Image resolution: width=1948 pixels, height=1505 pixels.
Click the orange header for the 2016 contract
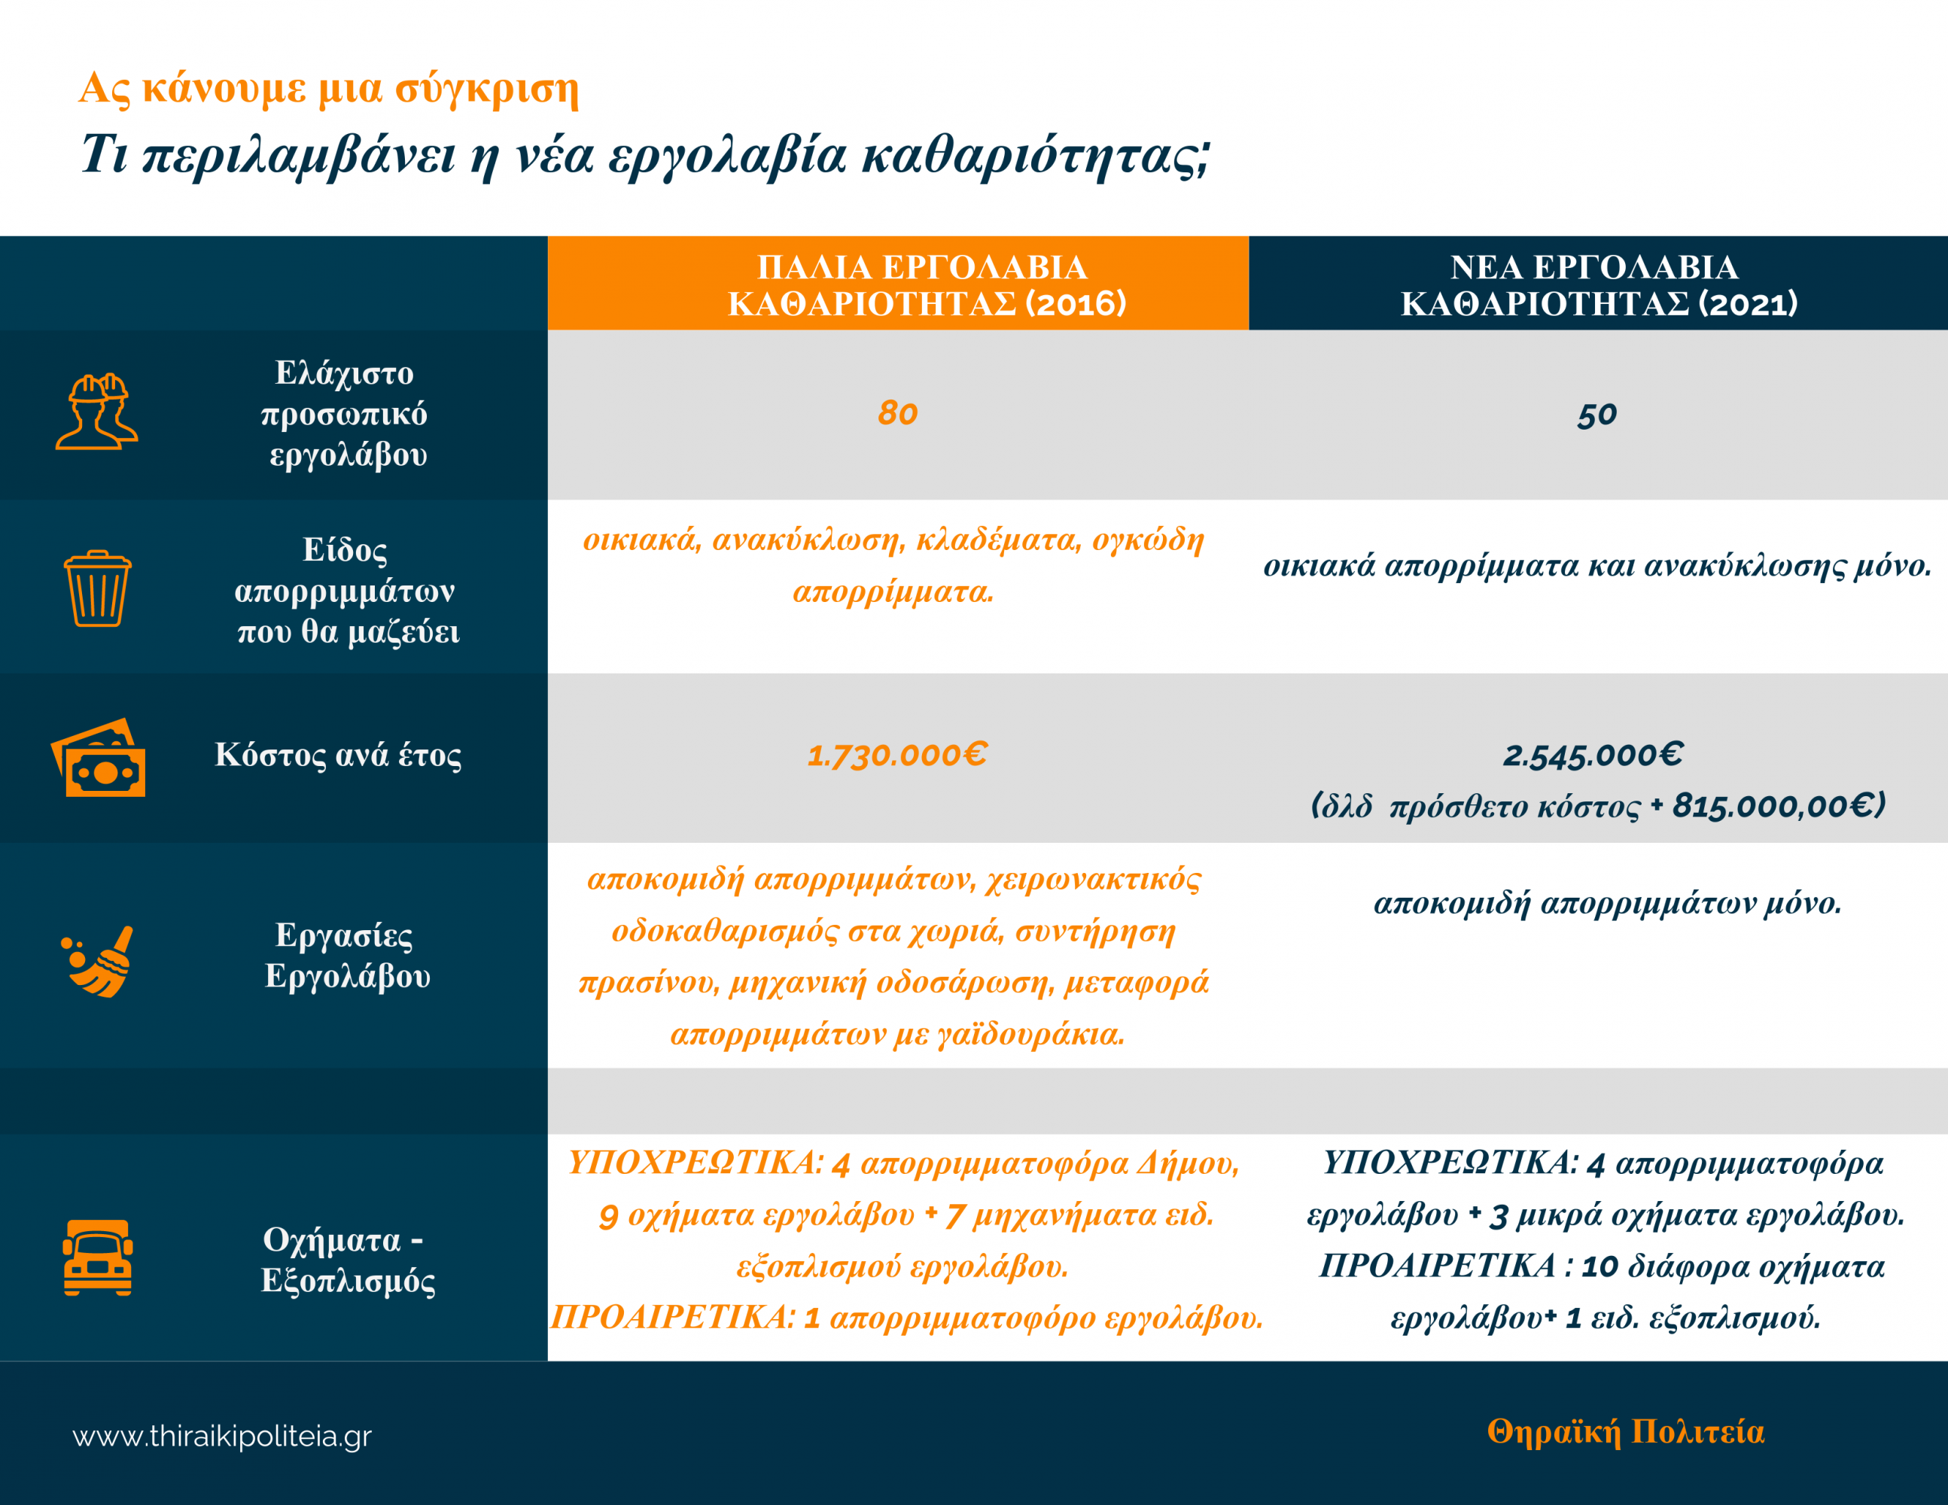[897, 284]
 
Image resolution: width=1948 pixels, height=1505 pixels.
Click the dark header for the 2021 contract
[1597, 284]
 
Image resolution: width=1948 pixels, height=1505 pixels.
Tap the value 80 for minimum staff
[897, 413]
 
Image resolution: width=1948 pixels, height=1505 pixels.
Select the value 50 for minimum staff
[1596, 415]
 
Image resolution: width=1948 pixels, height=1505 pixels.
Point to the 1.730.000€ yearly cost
[897, 756]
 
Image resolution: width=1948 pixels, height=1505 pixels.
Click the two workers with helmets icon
[97, 411]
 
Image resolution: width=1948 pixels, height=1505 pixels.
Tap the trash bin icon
[97, 588]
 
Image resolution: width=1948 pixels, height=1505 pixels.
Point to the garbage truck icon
[97, 1257]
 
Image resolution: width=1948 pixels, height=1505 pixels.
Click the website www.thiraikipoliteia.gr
[222, 1437]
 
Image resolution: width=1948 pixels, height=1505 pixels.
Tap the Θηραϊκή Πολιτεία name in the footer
[1625, 1432]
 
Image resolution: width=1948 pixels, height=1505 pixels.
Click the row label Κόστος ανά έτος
[338, 756]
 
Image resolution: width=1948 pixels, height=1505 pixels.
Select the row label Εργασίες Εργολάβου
[347, 955]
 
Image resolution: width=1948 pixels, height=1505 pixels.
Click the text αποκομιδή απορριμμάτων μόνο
[1607, 903]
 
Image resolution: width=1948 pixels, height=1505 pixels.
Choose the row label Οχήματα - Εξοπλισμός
[347, 1259]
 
